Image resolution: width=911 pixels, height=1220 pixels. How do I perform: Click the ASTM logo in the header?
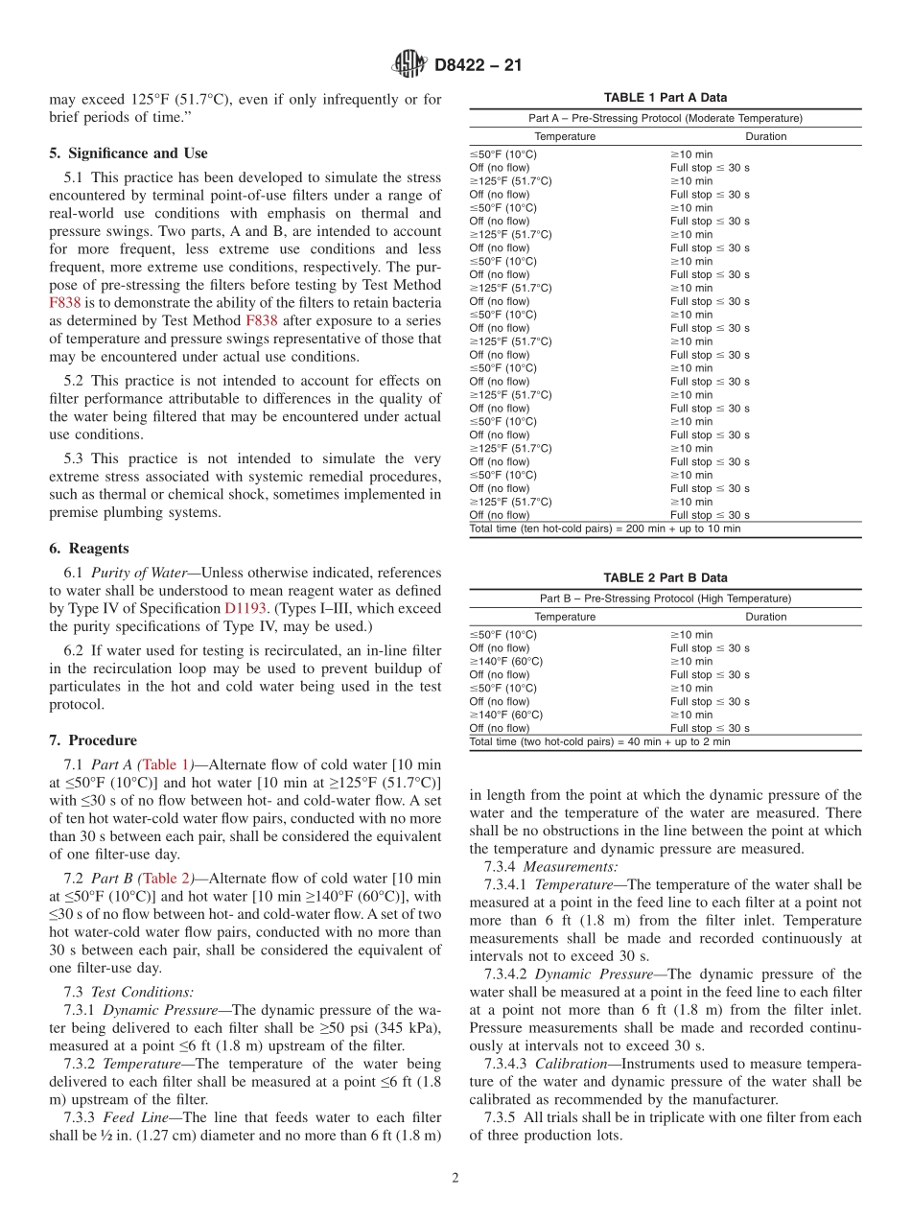409,65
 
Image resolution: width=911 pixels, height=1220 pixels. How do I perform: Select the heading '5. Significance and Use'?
128,152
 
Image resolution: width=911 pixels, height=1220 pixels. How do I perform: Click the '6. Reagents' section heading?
88,549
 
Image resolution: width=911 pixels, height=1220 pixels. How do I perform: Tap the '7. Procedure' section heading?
93,740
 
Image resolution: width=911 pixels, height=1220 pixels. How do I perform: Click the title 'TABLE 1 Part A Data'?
665,98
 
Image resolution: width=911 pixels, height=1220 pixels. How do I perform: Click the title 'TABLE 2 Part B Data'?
665,578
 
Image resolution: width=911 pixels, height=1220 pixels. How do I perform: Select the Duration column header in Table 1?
765,136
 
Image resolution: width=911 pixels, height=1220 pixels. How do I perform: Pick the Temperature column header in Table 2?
565,617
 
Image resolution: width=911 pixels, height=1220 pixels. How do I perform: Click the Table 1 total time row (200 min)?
604,528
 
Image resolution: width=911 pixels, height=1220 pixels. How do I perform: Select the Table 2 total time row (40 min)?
599,741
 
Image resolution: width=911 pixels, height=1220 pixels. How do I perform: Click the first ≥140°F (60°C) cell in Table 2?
505,661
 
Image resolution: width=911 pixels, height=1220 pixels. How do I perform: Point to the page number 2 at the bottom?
455,1179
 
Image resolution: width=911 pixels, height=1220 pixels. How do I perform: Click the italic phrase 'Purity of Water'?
138,573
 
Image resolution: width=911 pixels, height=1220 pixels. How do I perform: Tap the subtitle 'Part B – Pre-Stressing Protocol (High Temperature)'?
665,598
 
